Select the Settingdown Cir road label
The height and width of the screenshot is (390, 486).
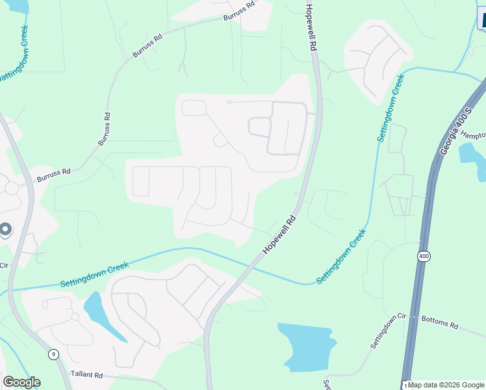(389, 330)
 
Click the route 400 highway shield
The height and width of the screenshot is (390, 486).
(424, 257)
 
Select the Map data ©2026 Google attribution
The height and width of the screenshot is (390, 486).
(445, 385)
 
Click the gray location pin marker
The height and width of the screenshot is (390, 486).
(5, 230)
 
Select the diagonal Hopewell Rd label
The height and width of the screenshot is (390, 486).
(279, 235)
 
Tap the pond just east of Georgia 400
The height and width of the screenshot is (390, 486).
(470, 159)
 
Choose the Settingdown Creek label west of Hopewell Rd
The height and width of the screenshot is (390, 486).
(94, 274)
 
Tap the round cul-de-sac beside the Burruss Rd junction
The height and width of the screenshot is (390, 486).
(11, 188)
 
